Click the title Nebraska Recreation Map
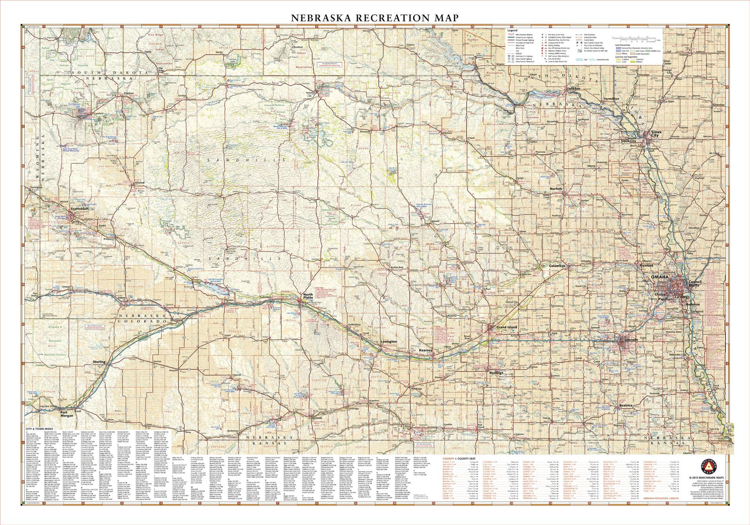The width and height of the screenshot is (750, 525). (375, 18)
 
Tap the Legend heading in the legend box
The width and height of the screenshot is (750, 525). (512, 30)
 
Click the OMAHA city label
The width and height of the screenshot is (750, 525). (660, 277)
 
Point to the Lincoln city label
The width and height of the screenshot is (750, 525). (631, 340)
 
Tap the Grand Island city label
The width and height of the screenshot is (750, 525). (507, 327)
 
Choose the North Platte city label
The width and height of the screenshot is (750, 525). (308, 297)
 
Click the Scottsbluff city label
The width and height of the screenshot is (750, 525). (79, 209)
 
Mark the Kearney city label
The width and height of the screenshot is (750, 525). (426, 350)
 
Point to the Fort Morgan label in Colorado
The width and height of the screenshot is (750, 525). (67, 414)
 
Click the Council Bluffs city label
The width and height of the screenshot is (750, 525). (695, 283)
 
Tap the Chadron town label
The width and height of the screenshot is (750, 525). (129, 93)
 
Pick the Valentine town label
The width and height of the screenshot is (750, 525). (311, 93)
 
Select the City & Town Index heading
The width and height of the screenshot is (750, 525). (39, 429)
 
